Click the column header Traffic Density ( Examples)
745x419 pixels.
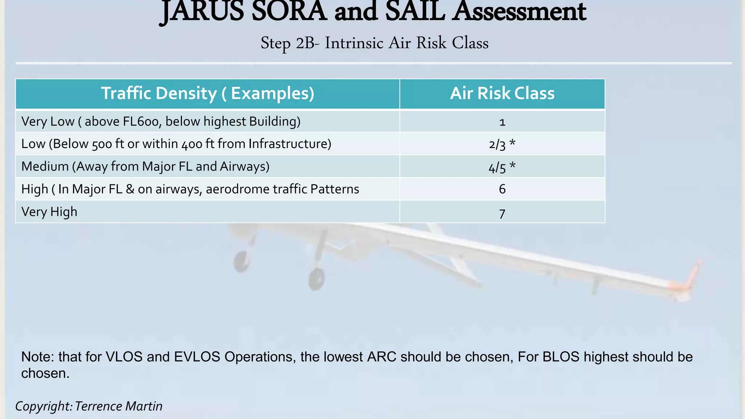[x=207, y=93]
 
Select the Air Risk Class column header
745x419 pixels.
[x=502, y=93]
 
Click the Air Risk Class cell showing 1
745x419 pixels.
[x=502, y=122]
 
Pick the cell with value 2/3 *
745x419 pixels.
[x=502, y=144]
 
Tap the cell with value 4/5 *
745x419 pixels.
[x=502, y=167]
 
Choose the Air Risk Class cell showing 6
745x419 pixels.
[x=502, y=189]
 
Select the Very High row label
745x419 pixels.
[x=49, y=212]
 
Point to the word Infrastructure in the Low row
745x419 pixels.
[x=290, y=144]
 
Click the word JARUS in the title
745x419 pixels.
[x=202, y=12]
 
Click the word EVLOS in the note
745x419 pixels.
[x=197, y=357]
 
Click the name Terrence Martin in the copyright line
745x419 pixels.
[x=119, y=406]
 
